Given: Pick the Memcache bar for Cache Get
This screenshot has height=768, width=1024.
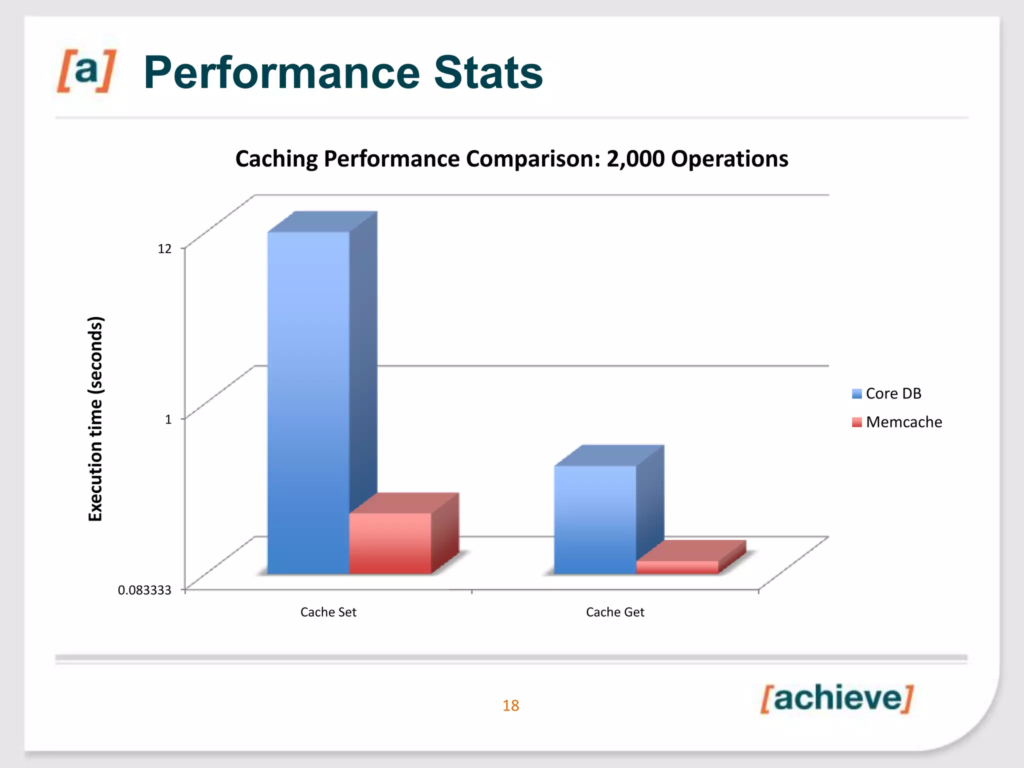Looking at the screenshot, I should (677, 567).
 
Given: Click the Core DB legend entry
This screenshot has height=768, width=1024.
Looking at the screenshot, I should (893, 393).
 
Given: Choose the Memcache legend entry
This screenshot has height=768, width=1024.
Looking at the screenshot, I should (903, 422).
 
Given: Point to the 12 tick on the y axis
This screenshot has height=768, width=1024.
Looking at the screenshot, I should (164, 248).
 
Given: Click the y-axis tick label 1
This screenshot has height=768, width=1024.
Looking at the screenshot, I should (168, 419).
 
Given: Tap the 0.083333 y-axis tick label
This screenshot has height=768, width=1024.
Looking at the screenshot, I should (144, 590).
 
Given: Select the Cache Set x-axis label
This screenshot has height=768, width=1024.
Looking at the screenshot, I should (328, 612).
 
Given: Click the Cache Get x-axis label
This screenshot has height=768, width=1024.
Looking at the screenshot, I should (615, 612).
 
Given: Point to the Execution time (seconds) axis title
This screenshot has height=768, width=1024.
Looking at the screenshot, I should (95, 418).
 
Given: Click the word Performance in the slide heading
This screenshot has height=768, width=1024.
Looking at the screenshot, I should (281, 73).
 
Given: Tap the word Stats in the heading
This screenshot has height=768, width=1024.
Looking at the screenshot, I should (488, 73).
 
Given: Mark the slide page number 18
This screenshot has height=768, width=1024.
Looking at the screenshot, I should (510, 705).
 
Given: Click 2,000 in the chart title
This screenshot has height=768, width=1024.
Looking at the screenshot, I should (635, 159).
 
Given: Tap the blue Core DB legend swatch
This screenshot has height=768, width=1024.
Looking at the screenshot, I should (857, 394).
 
